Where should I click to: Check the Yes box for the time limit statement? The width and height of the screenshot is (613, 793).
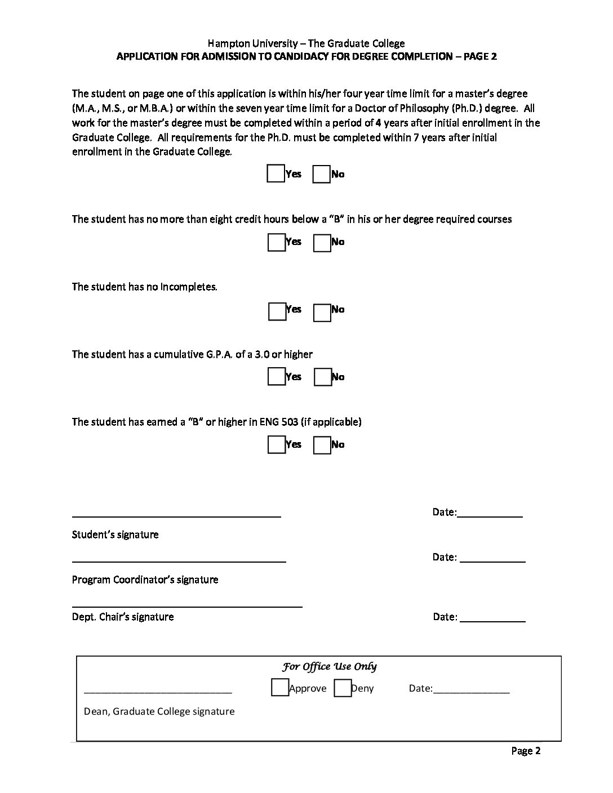click(276, 173)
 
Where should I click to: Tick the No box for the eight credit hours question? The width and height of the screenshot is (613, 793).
click(322, 243)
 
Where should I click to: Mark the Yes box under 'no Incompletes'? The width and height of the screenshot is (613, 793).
click(277, 311)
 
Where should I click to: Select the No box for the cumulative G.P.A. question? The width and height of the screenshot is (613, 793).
click(322, 377)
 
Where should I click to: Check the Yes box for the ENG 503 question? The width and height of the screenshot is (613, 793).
click(276, 445)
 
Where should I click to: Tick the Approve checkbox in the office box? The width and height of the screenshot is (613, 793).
click(279, 688)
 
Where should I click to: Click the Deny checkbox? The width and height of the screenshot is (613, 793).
click(342, 688)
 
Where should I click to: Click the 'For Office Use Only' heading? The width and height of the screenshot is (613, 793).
click(330, 667)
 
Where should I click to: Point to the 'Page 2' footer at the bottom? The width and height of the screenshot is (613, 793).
click(526, 751)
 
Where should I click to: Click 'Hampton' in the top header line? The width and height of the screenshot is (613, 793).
click(226, 43)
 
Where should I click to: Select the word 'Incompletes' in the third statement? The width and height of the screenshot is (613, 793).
click(189, 287)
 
